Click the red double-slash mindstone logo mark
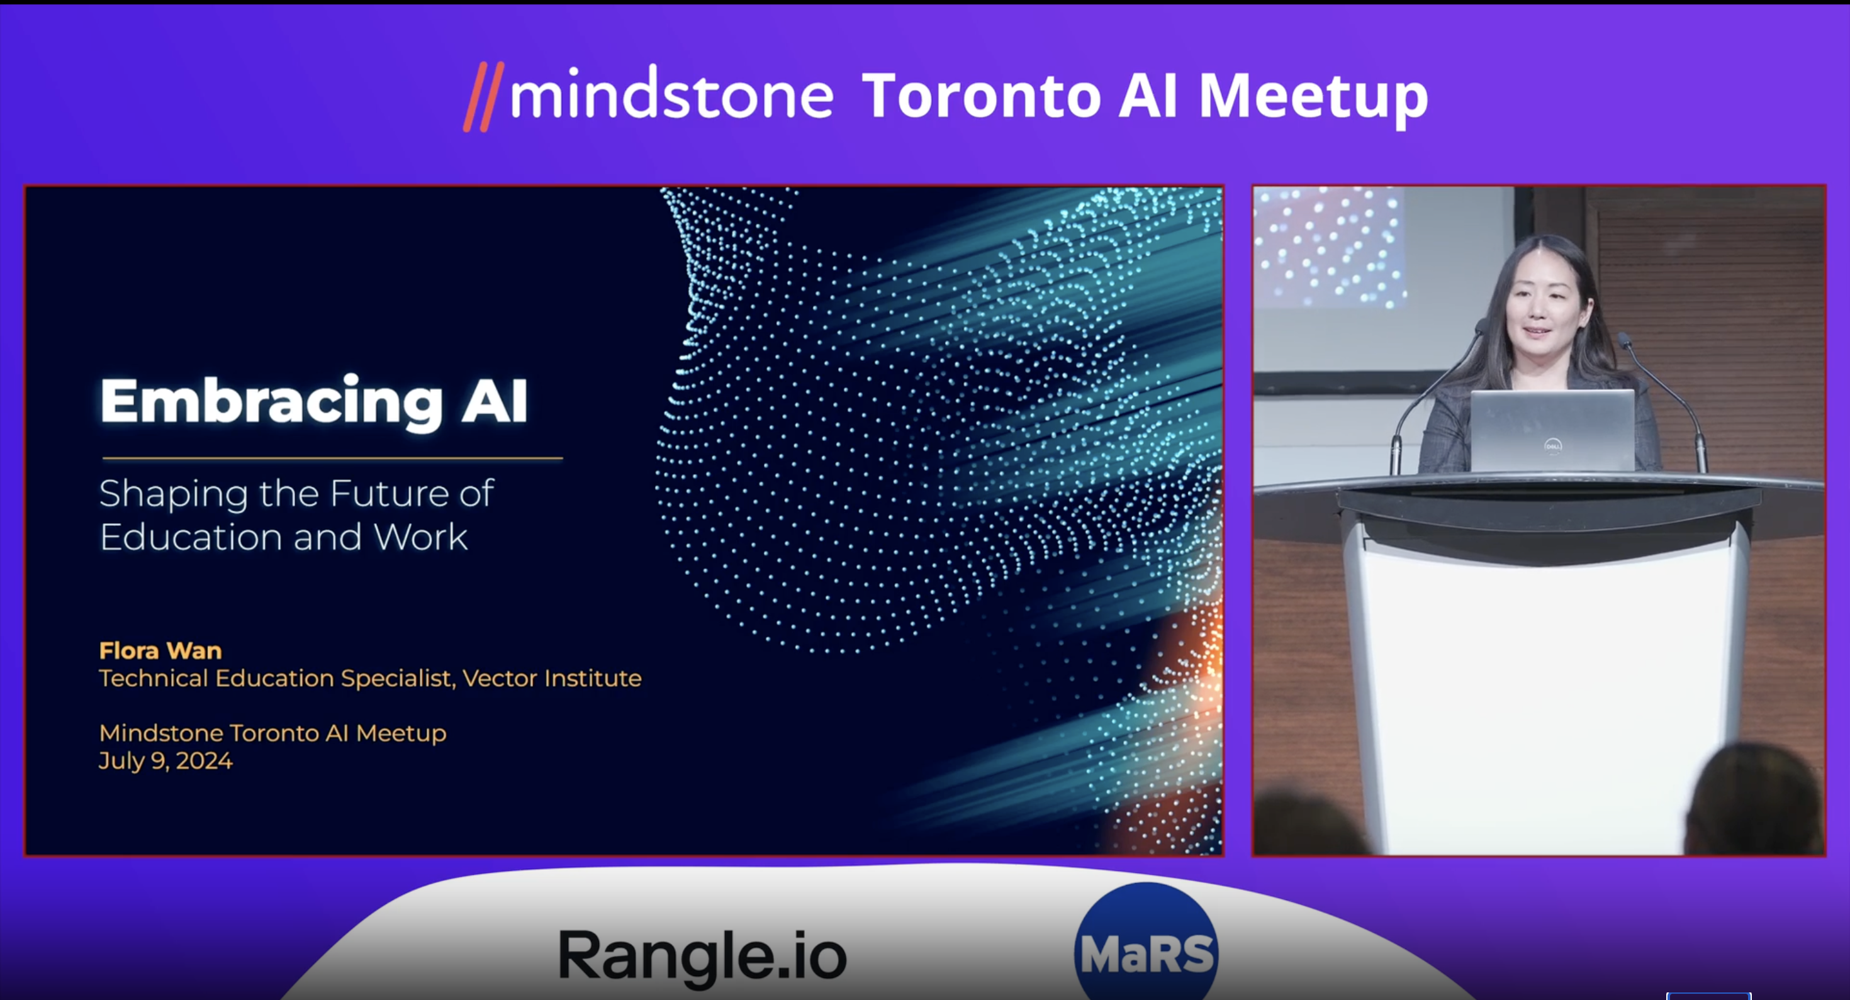pyautogui.click(x=483, y=97)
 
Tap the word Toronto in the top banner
pyautogui.click(x=981, y=96)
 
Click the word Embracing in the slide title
pyautogui.click(x=271, y=402)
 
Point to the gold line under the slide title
pyautogui.click(x=332, y=457)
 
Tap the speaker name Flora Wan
pyautogui.click(x=160, y=650)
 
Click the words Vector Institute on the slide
pyautogui.click(x=552, y=678)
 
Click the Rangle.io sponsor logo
pyautogui.click(x=702, y=955)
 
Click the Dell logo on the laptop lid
pyautogui.click(x=1553, y=446)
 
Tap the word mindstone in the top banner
pyautogui.click(x=671, y=95)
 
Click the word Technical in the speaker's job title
pyautogui.click(x=154, y=678)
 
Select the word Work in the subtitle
pyautogui.click(x=421, y=537)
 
